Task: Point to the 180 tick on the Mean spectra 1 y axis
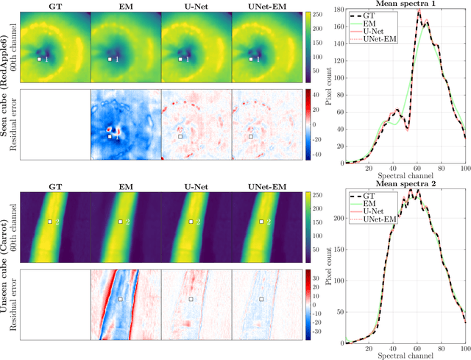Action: (338, 10)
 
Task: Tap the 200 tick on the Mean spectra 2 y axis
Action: (338, 219)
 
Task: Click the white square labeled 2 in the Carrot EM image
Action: (121, 221)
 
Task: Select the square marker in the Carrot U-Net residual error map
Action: (191, 299)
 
